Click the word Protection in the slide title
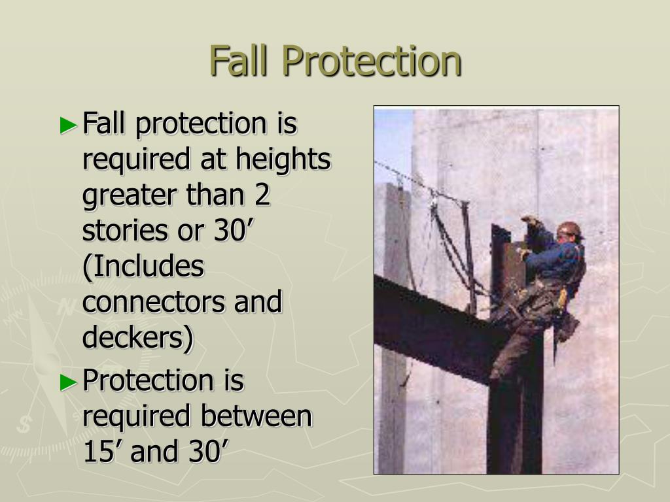(x=372, y=61)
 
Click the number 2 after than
(x=261, y=195)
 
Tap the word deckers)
(x=138, y=338)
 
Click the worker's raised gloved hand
(x=530, y=221)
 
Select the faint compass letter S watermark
(x=25, y=425)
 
